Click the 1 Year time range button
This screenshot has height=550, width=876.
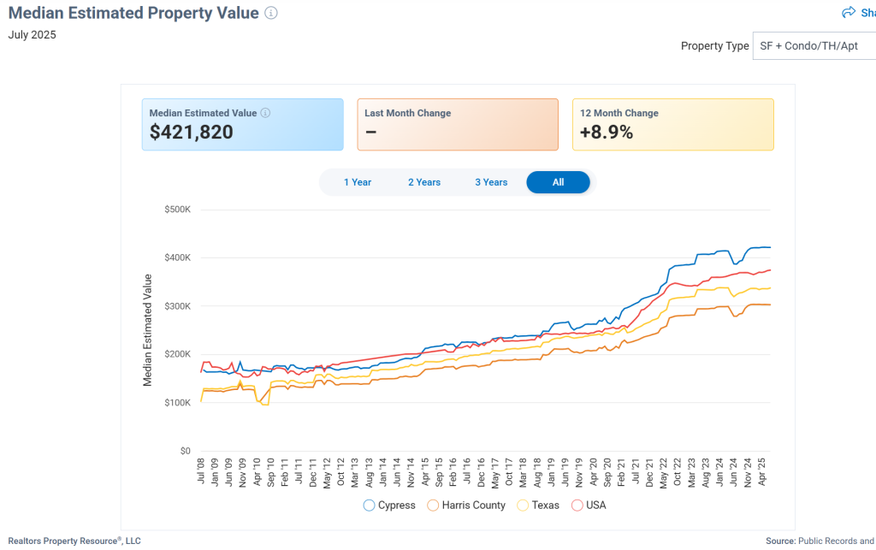(x=358, y=182)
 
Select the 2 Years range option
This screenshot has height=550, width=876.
(x=424, y=182)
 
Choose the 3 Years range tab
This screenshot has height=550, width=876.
(x=491, y=182)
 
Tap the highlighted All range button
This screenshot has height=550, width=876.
(x=558, y=182)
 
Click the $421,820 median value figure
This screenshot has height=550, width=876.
(x=191, y=133)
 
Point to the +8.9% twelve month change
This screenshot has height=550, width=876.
(x=607, y=133)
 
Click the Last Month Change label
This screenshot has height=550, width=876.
(x=407, y=113)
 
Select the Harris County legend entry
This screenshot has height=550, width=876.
(x=466, y=506)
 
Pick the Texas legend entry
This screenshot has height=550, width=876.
(x=538, y=506)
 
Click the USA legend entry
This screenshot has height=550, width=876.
(x=589, y=506)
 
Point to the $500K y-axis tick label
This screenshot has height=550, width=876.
(x=177, y=210)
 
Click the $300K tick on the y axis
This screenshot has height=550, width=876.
(x=177, y=306)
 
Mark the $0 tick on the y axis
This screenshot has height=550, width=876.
(x=184, y=451)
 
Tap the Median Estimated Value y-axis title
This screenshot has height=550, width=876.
(x=148, y=330)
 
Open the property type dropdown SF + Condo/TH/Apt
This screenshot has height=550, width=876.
(x=813, y=46)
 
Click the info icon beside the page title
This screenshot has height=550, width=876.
(x=271, y=13)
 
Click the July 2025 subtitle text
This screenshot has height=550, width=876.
(x=33, y=35)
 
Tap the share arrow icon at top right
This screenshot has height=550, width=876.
(x=849, y=13)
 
